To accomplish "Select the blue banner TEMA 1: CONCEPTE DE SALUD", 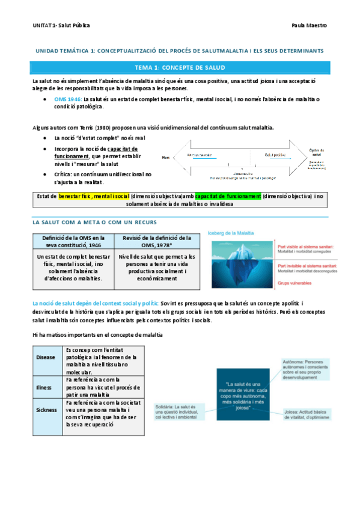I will click(180, 67).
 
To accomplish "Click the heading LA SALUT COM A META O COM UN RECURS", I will click(94, 223).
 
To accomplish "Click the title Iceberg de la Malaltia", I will click(230, 233).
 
